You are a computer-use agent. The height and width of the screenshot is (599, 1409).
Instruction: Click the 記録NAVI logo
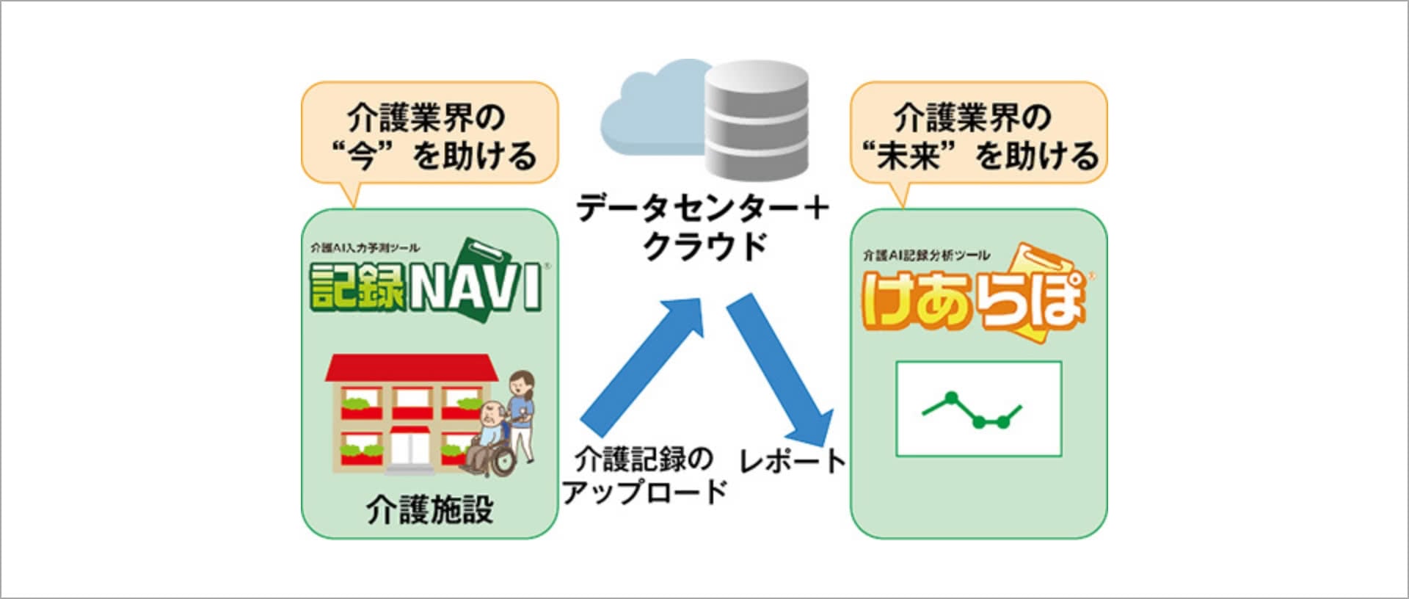[426, 283]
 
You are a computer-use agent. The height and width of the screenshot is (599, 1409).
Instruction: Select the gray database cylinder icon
[756, 121]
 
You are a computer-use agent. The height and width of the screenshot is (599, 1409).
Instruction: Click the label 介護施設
[430, 509]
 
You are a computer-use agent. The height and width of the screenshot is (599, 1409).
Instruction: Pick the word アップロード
[645, 491]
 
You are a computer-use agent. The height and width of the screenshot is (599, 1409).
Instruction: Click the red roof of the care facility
[411, 367]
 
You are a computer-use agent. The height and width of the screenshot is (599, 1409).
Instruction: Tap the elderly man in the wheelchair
[490, 437]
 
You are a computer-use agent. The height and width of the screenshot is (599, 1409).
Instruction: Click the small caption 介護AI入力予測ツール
[365, 248]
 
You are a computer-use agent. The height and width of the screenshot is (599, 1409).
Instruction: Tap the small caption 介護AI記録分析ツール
[926, 255]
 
